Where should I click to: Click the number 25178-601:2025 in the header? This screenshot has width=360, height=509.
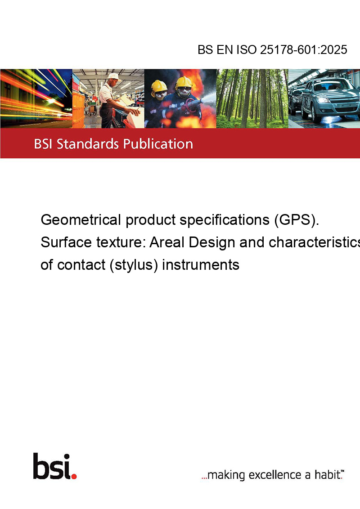point(303,49)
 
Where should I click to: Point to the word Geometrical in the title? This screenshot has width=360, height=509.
point(81,220)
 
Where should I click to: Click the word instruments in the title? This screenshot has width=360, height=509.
point(200,265)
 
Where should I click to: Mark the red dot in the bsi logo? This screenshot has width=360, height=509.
point(74,476)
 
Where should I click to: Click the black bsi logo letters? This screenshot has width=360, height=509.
point(52,466)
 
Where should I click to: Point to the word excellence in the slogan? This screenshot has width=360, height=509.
point(275,475)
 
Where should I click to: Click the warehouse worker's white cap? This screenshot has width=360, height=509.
point(114,76)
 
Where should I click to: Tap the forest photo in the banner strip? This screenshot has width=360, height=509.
point(252,98)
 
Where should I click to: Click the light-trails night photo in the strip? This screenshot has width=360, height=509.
point(36,98)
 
